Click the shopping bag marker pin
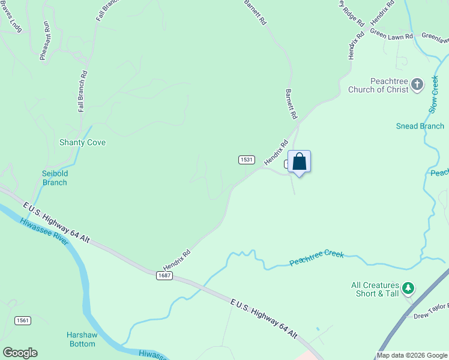300,162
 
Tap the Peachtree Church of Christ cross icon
418,85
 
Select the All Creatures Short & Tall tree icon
408,289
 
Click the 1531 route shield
247,160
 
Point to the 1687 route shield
164,275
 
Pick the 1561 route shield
22,321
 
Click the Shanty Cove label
82,143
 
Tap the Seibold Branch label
55,178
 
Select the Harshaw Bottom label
81,340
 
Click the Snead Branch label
420,126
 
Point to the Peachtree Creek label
316,259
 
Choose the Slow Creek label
434,93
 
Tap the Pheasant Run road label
45,41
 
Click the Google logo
20,353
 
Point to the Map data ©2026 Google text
412,355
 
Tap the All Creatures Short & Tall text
376,289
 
